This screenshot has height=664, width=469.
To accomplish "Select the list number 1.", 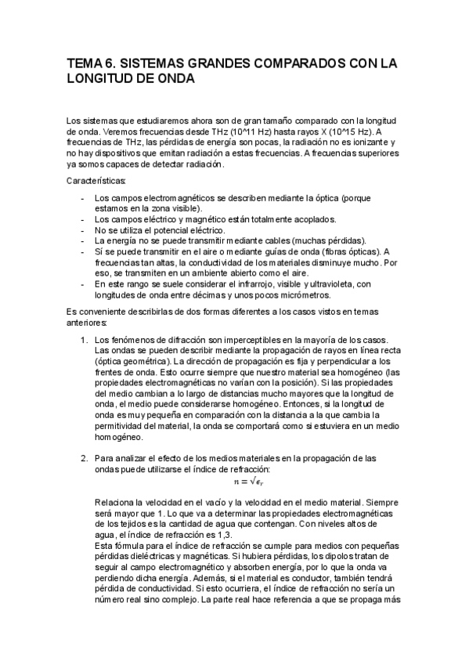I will [85, 341].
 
